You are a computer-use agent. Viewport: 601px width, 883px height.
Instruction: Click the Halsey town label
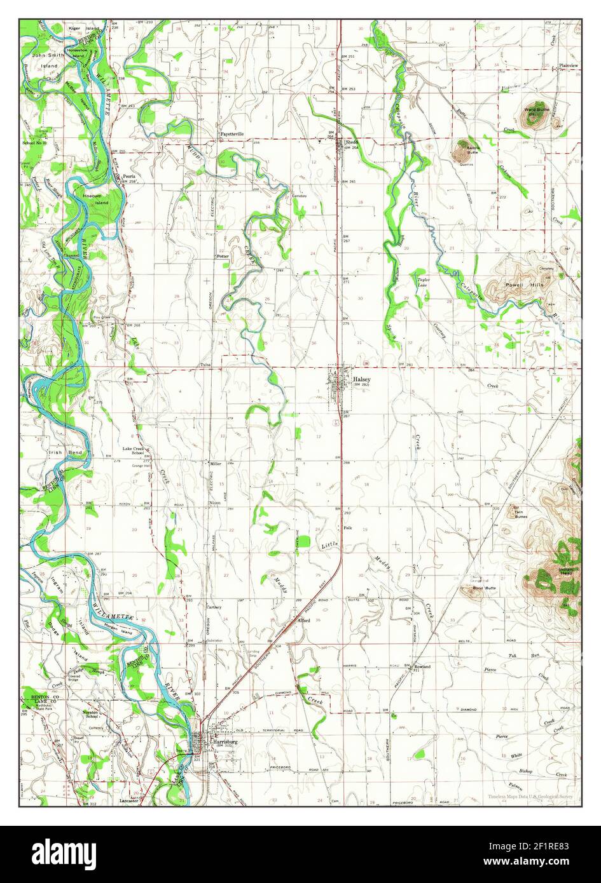coord(360,379)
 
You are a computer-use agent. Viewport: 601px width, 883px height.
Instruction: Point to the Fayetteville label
coord(232,134)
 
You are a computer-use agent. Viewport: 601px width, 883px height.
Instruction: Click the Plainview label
coord(568,65)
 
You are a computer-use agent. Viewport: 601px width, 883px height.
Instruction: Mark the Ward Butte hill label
coord(536,109)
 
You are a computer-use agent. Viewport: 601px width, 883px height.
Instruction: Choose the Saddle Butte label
coord(473,150)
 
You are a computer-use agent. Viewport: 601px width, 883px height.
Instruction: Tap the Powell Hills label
coord(525,285)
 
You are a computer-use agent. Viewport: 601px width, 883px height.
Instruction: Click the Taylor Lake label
coord(424,282)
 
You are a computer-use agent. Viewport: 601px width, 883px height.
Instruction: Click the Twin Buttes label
coord(520,514)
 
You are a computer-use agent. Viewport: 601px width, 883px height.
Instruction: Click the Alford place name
coord(303,620)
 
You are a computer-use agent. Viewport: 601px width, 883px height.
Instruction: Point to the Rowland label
coord(422,666)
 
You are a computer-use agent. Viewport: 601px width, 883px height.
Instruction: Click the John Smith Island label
coord(48,60)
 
